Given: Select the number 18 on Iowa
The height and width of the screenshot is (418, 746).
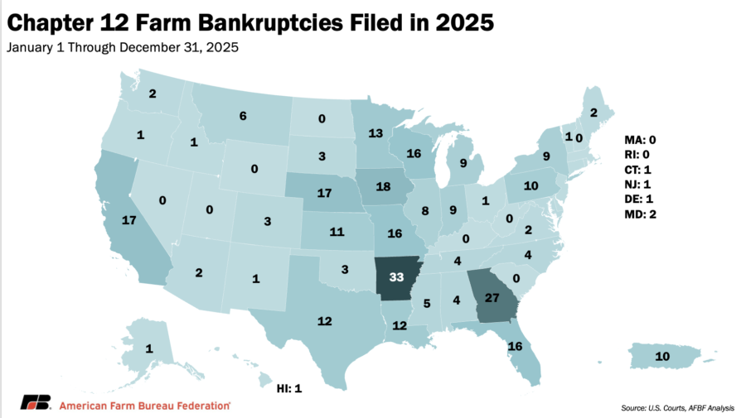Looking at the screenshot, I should tap(384, 186).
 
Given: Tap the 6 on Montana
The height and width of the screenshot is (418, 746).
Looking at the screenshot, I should tap(243, 117).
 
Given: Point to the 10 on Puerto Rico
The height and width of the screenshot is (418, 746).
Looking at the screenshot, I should tap(663, 356).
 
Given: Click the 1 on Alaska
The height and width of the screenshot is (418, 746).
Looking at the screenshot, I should tap(148, 349).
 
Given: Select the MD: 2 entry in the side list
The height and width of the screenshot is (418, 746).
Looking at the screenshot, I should tap(639, 215).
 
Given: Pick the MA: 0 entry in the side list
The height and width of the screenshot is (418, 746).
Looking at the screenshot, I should tap(639, 139).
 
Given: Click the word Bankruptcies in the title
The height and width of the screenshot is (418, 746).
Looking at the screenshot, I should tap(251, 23).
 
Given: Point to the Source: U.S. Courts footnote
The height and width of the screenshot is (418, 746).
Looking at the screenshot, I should tap(655, 407).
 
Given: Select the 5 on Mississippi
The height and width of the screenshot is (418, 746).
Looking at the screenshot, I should tap(427, 304).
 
